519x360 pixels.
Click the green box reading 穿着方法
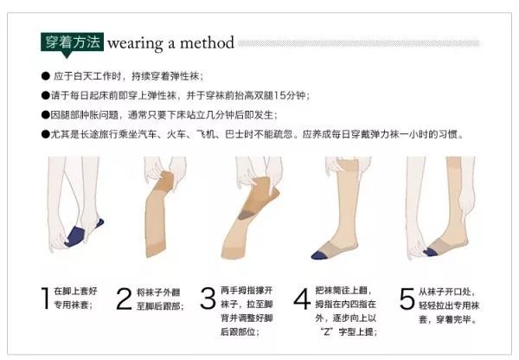click(x=72, y=42)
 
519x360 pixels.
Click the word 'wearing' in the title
click(x=136, y=42)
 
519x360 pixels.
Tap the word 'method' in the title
click(x=208, y=42)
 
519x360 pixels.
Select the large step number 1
click(x=43, y=299)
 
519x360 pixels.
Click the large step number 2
click(x=124, y=299)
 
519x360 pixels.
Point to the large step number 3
click(x=208, y=299)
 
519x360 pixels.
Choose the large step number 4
click(x=301, y=299)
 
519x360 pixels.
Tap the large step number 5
click(x=407, y=299)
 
